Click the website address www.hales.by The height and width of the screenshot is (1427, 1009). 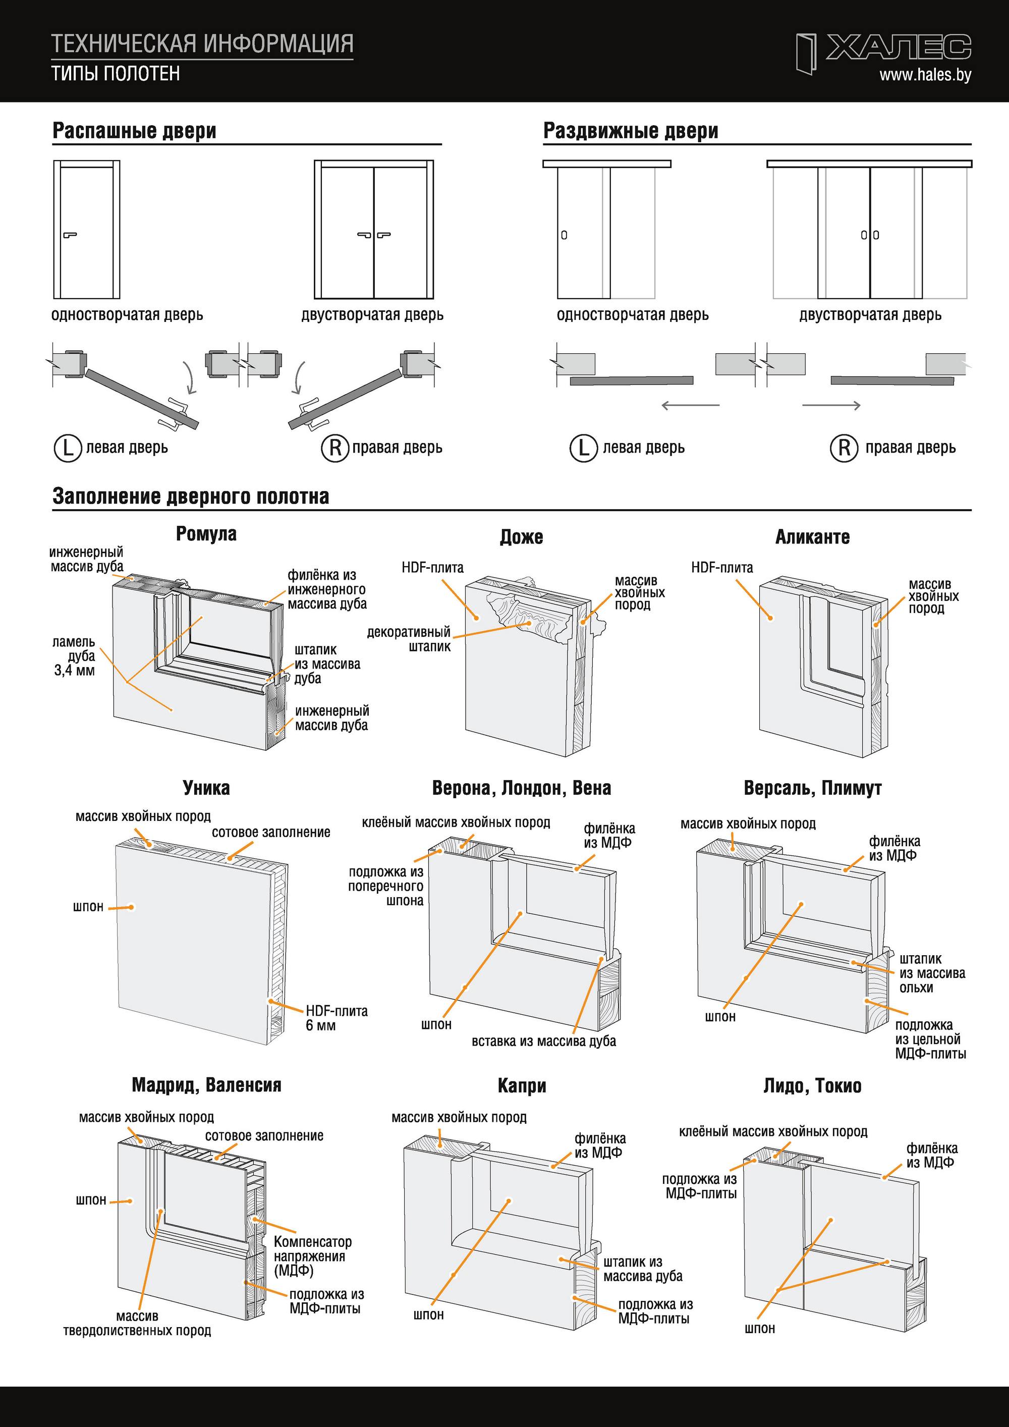click(x=925, y=75)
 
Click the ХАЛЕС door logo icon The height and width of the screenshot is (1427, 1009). click(x=806, y=54)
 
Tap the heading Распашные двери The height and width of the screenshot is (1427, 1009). click(x=134, y=131)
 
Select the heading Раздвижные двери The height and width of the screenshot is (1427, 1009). click(x=631, y=131)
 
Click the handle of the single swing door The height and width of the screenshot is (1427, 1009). click(x=70, y=235)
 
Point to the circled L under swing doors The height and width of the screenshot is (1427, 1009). click(x=68, y=448)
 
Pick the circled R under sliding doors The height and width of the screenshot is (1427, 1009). click(x=844, y=448)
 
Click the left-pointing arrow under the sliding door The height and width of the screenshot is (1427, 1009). click(x=690, y=406)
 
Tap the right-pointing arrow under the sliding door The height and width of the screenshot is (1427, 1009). click(x=831, y=406)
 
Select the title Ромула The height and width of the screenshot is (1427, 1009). click(x=206, y=534)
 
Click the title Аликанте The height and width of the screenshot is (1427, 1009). click(x=812, y=537)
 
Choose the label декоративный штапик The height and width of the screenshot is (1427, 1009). click(x=409, y=639)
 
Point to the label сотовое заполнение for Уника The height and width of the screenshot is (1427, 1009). click(x=271, y=832)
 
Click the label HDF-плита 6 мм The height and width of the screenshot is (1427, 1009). click(x=336, y=1018)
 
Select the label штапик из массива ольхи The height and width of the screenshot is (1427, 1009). click(x=932, y=973)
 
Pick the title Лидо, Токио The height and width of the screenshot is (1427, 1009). click(x=812, y=1086)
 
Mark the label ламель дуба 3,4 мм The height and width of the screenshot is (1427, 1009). click(x=74, y=655)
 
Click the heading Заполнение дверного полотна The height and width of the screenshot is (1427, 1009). click(x=191, y=496)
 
